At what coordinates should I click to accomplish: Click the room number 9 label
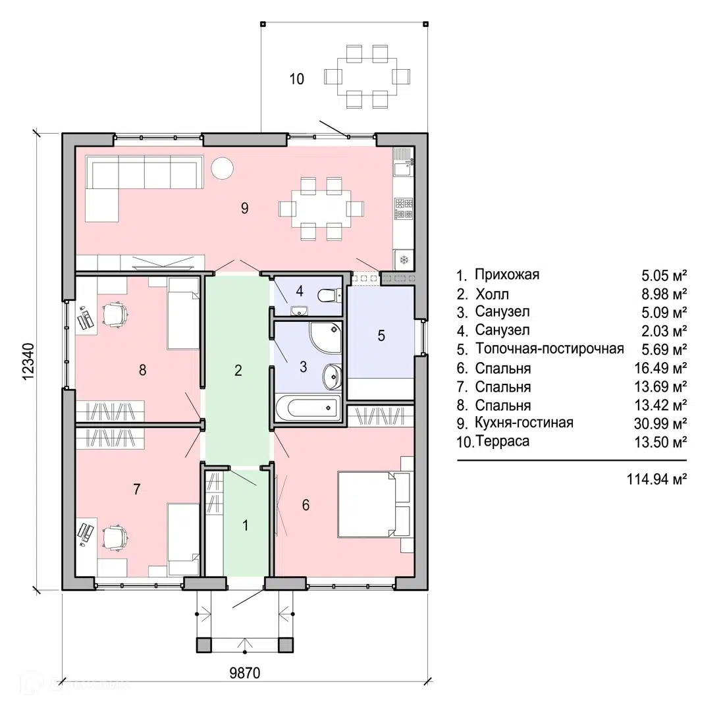[245, 208]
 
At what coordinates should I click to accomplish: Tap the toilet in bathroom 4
[329, 295]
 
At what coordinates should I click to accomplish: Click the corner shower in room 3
[325, 338]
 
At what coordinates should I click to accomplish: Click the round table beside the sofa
[223, 168]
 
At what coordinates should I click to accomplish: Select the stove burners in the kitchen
[404, 208]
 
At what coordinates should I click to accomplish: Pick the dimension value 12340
[28, 361]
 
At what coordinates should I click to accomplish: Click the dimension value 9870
[245, 673]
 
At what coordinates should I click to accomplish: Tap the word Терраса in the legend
[502, 441]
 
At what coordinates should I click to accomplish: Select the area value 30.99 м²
[660, 423]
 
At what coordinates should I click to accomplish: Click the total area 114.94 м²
[656, 479]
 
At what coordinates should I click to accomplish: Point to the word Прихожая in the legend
[507, 275]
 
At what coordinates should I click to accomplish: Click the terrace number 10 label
[296, 79]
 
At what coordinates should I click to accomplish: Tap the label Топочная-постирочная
[550, 349]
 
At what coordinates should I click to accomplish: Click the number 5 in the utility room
[381, 336]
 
